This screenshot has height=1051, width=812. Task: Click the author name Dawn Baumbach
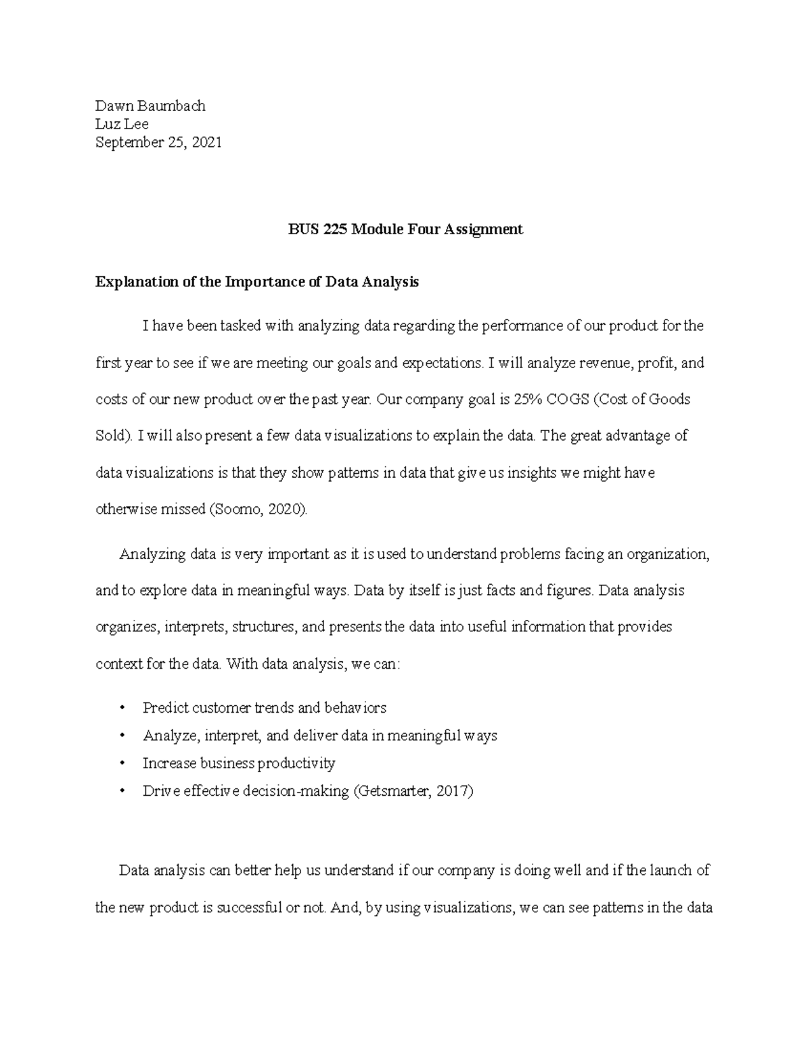[x=150, y=106]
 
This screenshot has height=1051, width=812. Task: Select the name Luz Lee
[x=122, y=124]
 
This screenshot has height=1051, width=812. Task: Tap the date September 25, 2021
[x=158, y=142]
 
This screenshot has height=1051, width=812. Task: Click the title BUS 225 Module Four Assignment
[x=405, y=229]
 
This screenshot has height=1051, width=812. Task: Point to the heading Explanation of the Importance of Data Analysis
[x=257, y=282]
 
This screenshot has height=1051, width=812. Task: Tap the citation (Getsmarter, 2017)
[x=413, y=790]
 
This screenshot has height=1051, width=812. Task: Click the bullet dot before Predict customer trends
[x=122, y=709]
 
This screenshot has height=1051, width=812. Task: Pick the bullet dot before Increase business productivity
[x=122, y=764]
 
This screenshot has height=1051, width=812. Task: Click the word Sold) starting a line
[x=114, y=436]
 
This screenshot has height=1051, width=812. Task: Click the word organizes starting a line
[x=127, y=627]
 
